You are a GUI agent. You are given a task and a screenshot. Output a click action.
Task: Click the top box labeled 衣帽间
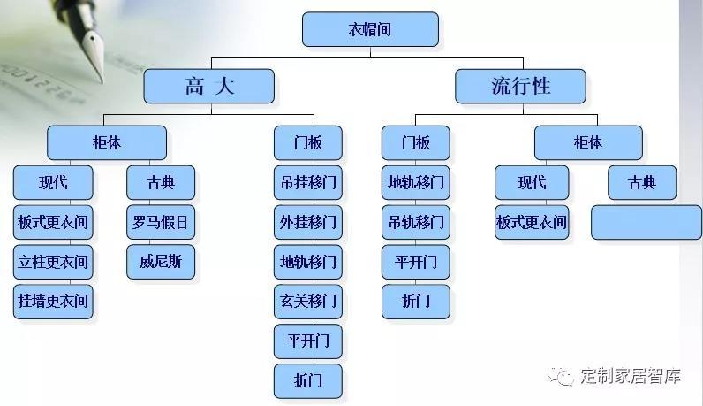pos(370,29)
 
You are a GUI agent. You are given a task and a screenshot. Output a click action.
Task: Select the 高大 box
pos(209,86)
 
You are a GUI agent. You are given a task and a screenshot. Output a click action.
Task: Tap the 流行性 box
pos(520,86)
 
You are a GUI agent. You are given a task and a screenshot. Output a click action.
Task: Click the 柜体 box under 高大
pos(106,142)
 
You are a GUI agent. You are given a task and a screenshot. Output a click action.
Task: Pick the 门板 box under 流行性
pos(415,142)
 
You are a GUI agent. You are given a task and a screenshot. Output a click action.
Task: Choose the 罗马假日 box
pos(160,223)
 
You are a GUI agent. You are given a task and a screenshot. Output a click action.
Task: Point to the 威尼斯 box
pos(160,262)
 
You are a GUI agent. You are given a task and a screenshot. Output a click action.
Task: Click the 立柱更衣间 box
pos(53,262)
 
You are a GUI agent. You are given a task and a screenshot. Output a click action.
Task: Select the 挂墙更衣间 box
pos(53,301)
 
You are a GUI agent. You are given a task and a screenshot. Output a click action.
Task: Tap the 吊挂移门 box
pos(307,184)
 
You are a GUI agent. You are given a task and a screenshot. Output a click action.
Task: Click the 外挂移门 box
pos(307,223)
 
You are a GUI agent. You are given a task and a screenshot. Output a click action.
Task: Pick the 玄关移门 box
pos(307,301)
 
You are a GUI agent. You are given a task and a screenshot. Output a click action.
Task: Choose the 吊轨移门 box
pos(415,223)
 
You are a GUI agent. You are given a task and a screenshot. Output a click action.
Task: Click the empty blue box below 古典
pos(646,222)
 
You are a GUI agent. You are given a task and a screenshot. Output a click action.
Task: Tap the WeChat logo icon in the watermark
pos(561,376)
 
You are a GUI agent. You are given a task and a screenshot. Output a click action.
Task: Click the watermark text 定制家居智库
pos(631,376)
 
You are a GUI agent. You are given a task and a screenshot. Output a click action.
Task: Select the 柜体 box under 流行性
pos(588,142)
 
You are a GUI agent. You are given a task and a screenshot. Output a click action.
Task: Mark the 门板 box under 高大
pos(307,142)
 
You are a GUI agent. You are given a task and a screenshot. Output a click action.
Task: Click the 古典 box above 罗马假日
pos(160,183)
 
